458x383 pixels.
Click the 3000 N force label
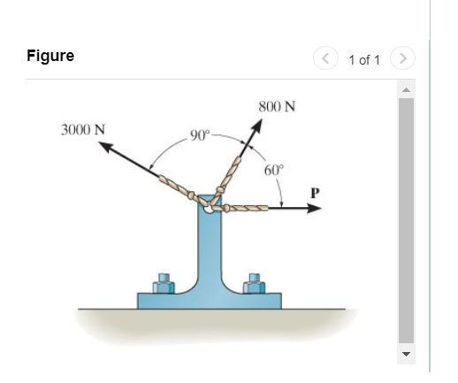pos(83,128)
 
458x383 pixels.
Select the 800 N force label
pos(277,107)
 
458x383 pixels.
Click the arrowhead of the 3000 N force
pos(103,147)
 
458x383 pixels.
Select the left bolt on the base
pos(163,283)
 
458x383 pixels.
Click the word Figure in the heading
pos(50,57)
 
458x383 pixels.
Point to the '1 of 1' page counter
pos(364,59)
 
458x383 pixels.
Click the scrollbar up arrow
pos(406,90)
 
